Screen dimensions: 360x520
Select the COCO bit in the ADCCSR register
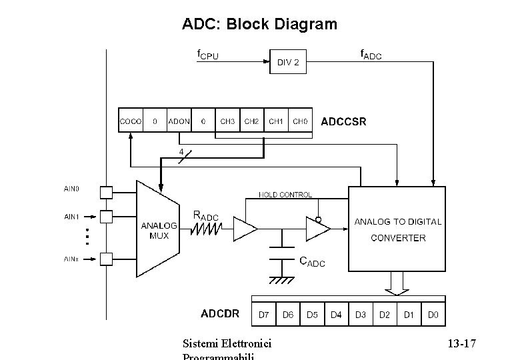pos(130,122)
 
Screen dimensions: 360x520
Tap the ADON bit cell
pos(178,122)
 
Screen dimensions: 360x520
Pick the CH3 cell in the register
pos(227,122)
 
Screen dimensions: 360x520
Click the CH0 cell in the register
pos(300,122)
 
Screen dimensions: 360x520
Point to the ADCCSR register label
pos(343,123)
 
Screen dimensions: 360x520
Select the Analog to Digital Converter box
pos(397,229)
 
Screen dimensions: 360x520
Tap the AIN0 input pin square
pos(105,192)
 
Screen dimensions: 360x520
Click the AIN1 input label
pos(71,217)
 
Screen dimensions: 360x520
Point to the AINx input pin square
pos(105,259)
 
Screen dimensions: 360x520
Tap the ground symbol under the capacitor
pos(283,280)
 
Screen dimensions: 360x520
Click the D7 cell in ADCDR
pos(264,315)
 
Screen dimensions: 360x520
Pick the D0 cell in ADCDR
pos(433,315)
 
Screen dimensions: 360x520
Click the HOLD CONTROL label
pos(285,195)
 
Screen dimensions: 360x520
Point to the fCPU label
pos(207,54)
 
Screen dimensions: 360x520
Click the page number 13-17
pos(461,344)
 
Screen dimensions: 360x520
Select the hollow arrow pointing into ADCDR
pos(397,285)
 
